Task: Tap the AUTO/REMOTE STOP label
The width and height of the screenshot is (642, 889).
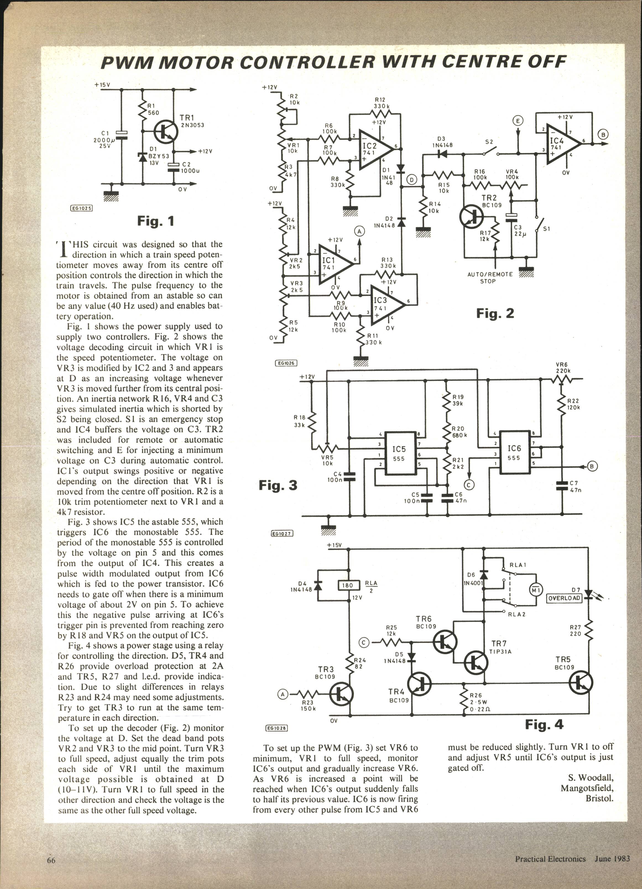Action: point(490,278)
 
